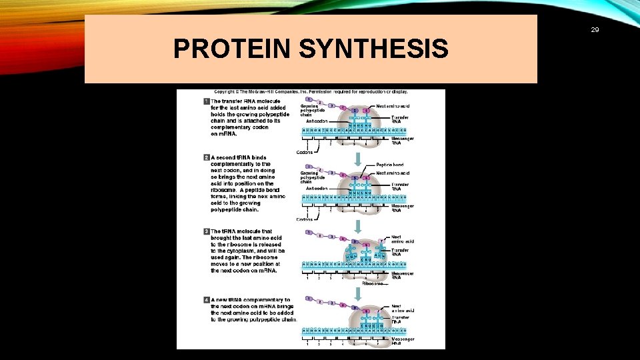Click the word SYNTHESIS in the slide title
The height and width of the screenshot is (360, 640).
[x=374, y=49]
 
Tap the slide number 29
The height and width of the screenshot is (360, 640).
[x=595, y=29]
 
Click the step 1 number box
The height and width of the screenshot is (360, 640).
[x=207, y=101]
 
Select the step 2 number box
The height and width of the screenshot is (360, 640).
[x=207, y=157]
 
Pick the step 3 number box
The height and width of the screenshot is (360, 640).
[x=207, y=231]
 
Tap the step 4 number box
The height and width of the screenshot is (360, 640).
[x=207, y=300]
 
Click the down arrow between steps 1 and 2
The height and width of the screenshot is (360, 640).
[x=359, y=159]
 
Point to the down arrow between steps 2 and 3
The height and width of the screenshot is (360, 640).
[x=359, y=225]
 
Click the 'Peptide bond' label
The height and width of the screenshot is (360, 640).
[x=389, y=165]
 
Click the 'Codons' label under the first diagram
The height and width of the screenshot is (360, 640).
[x=304, y=153]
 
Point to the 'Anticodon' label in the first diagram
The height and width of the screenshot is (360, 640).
[x=317, y=121]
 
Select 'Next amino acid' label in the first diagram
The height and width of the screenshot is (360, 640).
[x=393, y=106]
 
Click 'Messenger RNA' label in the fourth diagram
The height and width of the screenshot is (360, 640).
[x=402, y=341]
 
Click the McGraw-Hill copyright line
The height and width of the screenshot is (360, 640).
[x=310, y=93]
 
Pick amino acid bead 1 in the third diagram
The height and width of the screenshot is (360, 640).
[x=309, y=232]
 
